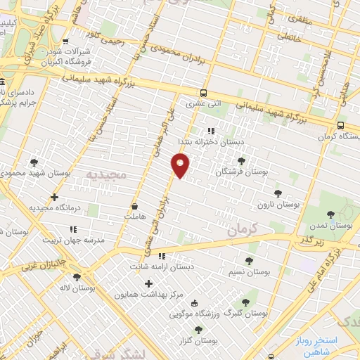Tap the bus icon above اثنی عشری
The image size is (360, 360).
tap(203, 92)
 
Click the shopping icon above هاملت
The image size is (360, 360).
tap(134, 207)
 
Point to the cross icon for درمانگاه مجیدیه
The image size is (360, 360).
tap(54, 198)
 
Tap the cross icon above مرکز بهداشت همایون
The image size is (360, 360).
tap(148, 284)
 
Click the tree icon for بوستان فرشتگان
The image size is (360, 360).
tap(241, 162)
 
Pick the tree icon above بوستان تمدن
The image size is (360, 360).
tap(330, 214)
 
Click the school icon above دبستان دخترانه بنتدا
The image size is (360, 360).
tap(210, 130)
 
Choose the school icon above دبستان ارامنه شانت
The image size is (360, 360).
tap(161, 256)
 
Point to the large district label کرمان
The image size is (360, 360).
tap(245, 229)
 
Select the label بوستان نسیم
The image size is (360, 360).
tap(250, 271)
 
